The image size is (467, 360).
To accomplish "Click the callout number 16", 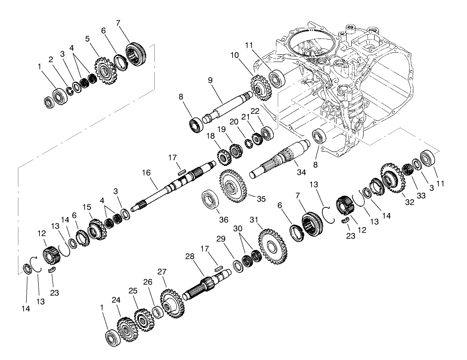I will pyautogui.click(x=145, y=173).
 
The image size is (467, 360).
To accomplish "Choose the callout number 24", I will pyautogui.click(x=116, y=300).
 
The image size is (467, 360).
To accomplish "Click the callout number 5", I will pyautogui.click(x=87, y=38).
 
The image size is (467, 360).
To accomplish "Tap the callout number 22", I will pyautogui.click(x=267, y=112).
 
